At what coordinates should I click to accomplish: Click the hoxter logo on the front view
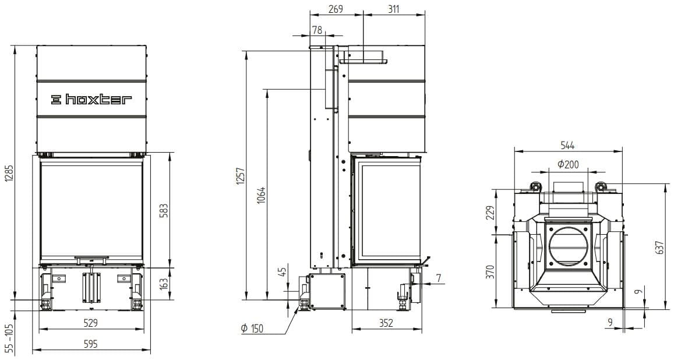pyautogui.click(x=91, y=100)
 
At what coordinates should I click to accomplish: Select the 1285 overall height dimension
pyautogui.click(x=9, y=179)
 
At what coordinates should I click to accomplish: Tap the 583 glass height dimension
pyautogui.click(x=164, y=210)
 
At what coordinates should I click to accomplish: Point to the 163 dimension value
pyautogui.click(x=164, y=284)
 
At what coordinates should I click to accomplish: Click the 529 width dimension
pyautogui.click(x=91, y=323)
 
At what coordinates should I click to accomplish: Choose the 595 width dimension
pyautogui.click(x=91, y=344)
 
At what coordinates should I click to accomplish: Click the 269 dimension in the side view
pyautogui.click(x=336, y=9)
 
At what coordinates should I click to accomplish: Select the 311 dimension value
pyautogui.click(x=394, y=9)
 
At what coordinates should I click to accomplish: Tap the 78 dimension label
pyautogui.click(x=317, y=30)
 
